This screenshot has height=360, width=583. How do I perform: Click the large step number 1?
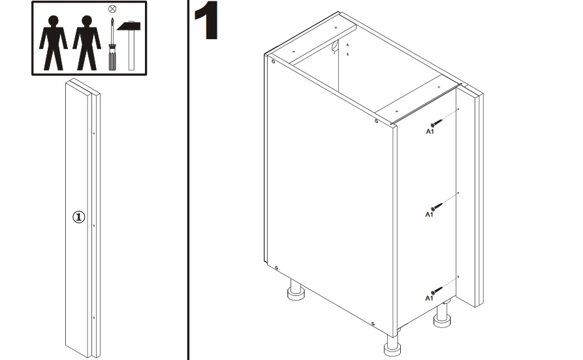point(206,20)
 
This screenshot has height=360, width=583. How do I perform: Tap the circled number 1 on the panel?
point(78,217)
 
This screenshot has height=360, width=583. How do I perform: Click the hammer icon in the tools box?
point(129,46)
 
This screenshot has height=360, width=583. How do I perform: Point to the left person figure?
point(53,43)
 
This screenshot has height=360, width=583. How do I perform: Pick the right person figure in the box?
point(87,43)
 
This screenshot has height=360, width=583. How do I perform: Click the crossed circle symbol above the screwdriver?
point(112,8)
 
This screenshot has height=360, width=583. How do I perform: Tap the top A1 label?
point(430,131)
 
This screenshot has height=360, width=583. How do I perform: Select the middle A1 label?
point(430,214)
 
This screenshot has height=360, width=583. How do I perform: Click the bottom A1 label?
point(430,298)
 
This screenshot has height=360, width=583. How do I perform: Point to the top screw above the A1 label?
point(437,123)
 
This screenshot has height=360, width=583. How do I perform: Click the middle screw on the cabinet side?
point(437,206)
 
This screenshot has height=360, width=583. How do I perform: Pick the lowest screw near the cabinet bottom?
point(437,290)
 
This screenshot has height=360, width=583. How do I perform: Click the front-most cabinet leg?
point(392,345)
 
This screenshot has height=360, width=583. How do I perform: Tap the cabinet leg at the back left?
point(296,289)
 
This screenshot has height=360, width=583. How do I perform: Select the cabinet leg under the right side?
point(443,315)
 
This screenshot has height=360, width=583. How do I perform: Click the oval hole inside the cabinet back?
point(335,46)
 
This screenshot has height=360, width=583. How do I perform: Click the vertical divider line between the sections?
point(189,180)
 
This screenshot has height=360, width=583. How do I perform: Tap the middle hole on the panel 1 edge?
point(94,225)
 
